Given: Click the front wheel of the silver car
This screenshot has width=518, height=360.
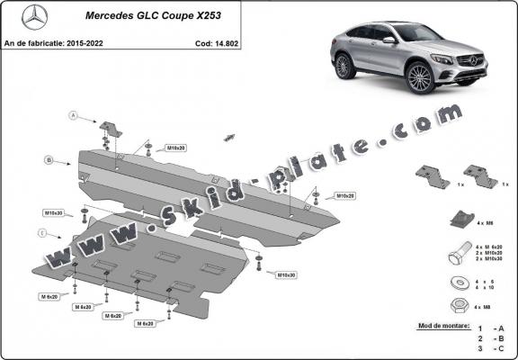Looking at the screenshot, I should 420,78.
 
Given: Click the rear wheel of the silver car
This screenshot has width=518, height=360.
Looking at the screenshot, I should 344,66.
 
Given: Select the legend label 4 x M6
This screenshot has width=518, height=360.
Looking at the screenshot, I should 484,221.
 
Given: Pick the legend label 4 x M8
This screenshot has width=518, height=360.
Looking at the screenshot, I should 483,310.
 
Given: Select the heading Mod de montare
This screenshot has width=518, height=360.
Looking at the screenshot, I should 443,325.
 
